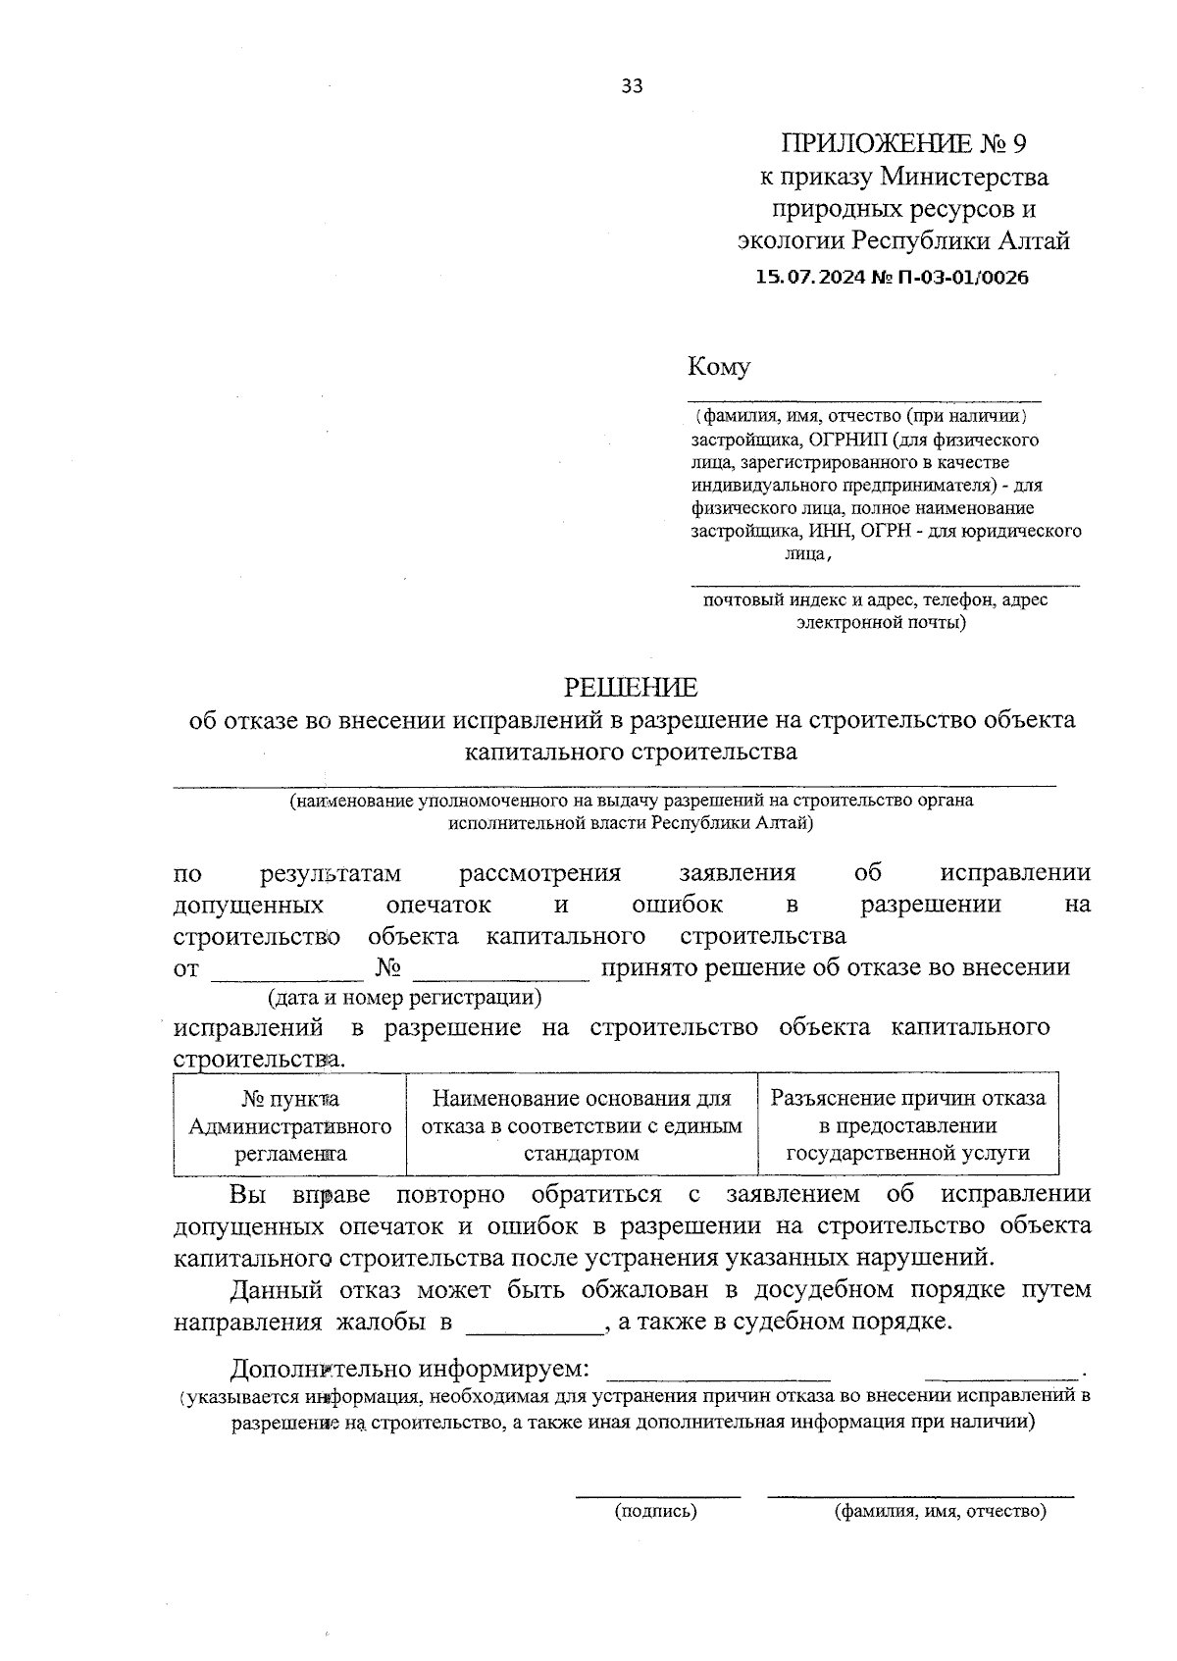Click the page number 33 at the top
pos(632,86)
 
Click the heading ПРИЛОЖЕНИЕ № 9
pos(903,144)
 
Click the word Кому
pos(719,367)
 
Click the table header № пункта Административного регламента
pos(290,1125)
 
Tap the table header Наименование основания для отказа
pos(582,1125)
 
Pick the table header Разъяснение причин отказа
pos(908,1125)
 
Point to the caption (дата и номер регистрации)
pos(405,998)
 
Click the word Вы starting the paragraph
pos(247,1195)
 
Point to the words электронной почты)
pos(881,622)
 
